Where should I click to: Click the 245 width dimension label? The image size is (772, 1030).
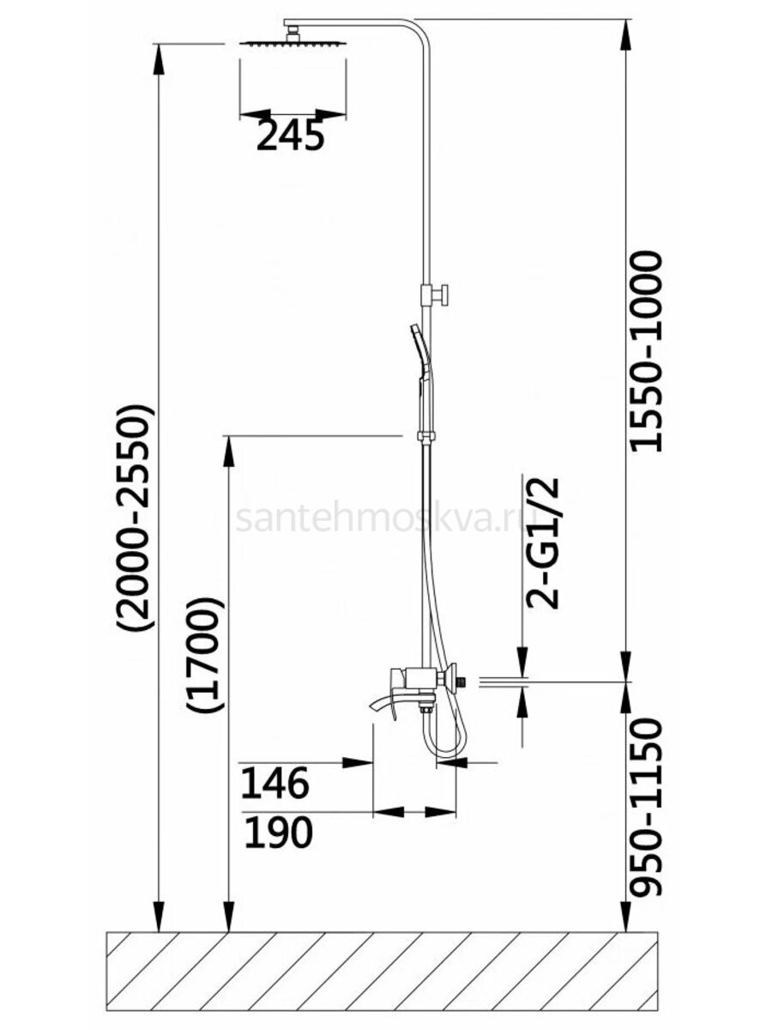tap(291, 136)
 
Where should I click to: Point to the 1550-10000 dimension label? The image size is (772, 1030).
tap(646, 353)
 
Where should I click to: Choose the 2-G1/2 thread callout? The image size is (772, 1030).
tap(543, 543)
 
